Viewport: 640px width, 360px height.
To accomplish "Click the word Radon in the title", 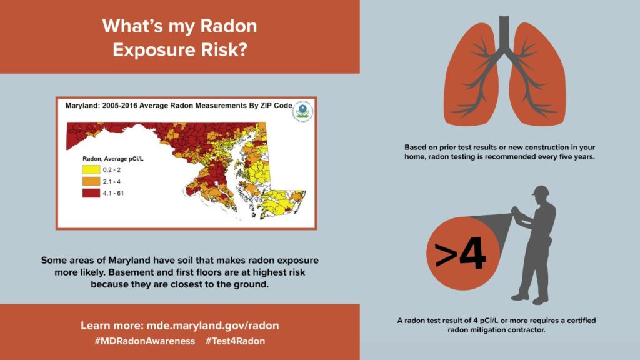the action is click(x=229, y=26).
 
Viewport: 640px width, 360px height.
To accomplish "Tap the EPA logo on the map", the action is click(x=303, y=111).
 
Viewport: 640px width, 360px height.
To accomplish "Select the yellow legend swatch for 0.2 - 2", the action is click(x=91, y=169).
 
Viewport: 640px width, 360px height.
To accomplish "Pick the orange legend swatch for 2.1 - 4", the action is click(x=91, y=181).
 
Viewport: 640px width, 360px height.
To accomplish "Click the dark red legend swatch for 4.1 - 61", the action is click(x=91, y=193).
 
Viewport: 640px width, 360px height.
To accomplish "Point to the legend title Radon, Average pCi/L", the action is click(x=113, y=159).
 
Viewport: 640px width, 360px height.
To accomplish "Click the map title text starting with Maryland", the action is click(x=179, y=105).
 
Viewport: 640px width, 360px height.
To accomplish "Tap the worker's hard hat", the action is click(x=541, y=191).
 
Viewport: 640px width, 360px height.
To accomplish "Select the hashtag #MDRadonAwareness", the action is click(x=145, y=341).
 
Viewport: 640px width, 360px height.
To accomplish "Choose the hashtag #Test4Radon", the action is click(x=235, y=341).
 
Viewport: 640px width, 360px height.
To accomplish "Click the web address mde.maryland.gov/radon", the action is click(x=212, y=326).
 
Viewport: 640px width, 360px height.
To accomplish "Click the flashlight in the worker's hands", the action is click(x=516, y=214).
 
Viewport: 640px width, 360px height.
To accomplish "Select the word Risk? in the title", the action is click(x=224, y=50).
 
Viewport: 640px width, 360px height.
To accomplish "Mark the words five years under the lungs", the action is click(x=577, y=157).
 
